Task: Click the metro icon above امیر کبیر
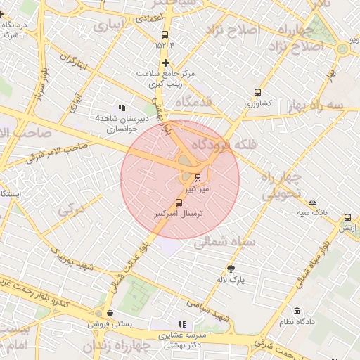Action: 198,177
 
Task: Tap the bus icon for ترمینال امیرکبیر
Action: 179,202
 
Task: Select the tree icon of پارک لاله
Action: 231,268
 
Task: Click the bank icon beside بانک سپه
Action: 313,202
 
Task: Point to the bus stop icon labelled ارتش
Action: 347,218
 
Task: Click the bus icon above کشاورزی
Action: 257,92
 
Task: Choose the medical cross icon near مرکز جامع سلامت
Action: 165,63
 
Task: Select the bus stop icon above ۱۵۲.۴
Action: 165,34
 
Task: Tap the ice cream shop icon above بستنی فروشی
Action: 109,314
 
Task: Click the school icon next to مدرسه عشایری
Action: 182,325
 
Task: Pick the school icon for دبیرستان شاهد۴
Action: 122,108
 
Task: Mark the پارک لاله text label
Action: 231,279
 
